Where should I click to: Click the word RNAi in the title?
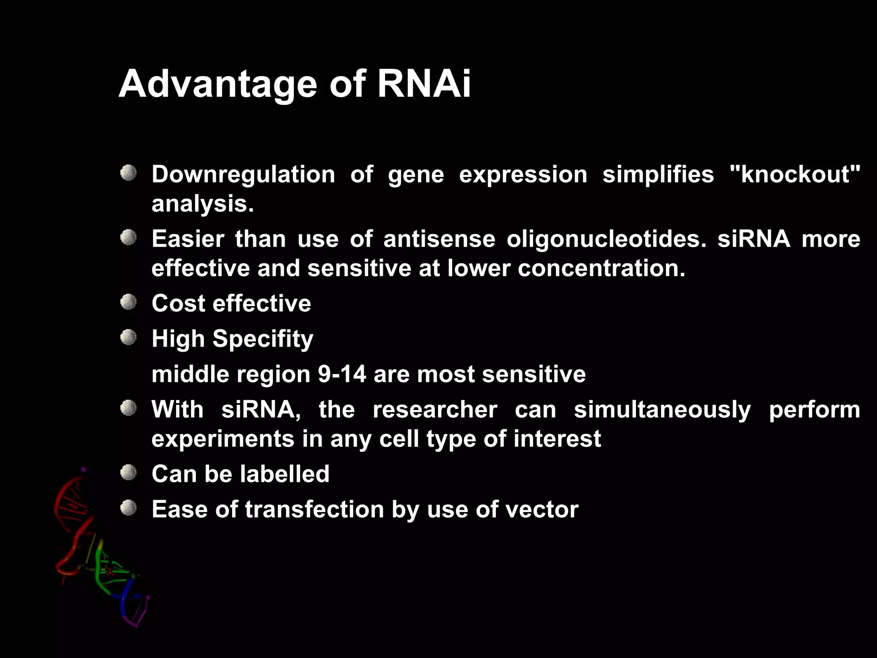[424, 84]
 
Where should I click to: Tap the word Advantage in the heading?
[218, 84]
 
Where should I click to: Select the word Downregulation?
[243, 175]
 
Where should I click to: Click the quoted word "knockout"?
[795, 174]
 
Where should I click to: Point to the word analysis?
[203, 204]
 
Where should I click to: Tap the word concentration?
[601, 269]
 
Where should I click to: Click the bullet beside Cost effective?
[128, 302]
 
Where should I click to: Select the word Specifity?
[263, 339]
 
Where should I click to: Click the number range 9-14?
[342, 374]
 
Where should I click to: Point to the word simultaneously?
[662, 410]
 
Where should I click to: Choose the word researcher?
[435, 410]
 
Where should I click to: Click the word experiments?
[223, 440]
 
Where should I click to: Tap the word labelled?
[284, 474]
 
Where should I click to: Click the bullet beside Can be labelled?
[128, 473]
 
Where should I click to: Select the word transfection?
[314, 510]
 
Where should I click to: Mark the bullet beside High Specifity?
[128, 338]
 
